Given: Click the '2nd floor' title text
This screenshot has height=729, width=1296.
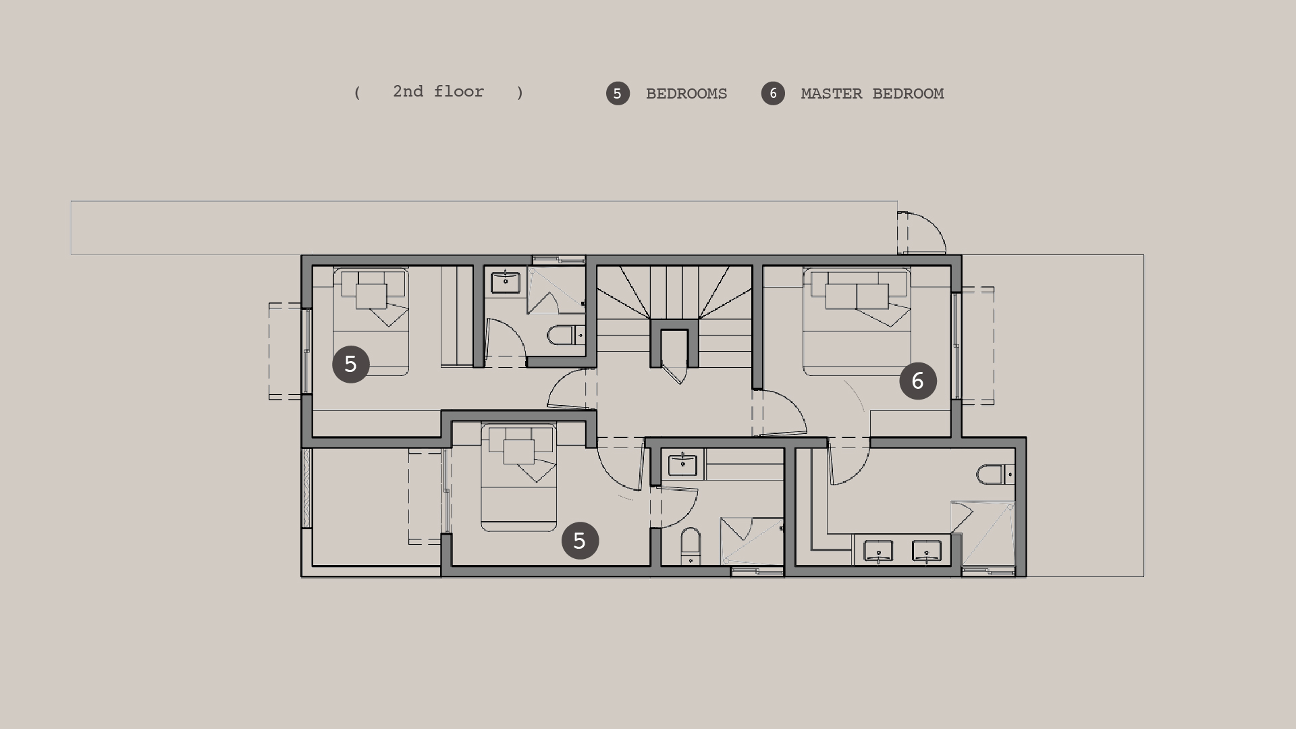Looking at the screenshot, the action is [438, 92].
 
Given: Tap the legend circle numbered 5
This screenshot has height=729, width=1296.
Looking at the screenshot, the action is [618, 94].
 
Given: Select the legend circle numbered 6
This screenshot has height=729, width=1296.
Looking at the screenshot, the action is [773, 94].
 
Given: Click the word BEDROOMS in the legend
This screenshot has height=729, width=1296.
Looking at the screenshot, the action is [686, 94].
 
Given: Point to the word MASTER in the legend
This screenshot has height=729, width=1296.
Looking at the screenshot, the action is [832, 94].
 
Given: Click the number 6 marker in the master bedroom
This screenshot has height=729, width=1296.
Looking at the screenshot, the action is [918, 381].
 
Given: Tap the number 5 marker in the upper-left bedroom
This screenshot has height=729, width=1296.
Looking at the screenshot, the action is [351, 364].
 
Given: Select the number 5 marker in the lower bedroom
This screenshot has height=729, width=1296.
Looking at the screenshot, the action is [580, 541].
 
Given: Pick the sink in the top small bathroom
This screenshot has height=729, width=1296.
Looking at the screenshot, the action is [505, 282].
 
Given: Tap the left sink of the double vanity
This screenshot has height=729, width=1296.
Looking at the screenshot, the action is [878, 551].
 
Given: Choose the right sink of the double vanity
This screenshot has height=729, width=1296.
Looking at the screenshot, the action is [927, 551].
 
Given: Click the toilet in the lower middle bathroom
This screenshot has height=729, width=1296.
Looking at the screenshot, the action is [691, 546].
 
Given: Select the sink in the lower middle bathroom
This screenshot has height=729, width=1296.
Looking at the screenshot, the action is [682, 465].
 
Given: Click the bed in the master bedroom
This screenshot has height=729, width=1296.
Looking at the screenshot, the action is [857, 321].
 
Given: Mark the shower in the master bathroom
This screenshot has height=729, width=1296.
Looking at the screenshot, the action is [983, 534].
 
